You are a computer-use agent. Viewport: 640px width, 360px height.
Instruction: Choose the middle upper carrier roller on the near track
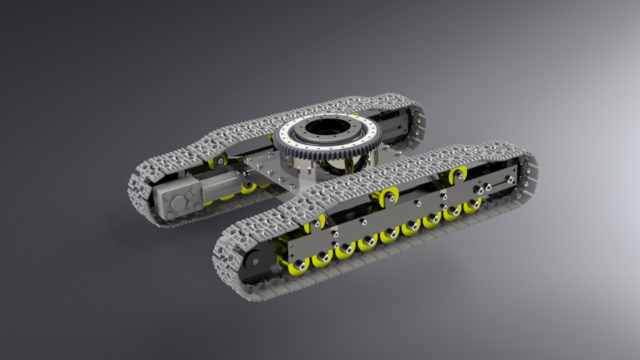pyautogui.click(x=387, y=196)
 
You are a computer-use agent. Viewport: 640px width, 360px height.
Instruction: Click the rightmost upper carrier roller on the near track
pyautogui.click(x=458, y=175)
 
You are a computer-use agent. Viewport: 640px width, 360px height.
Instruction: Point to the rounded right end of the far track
pyautogui.click(x=417, y=123)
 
